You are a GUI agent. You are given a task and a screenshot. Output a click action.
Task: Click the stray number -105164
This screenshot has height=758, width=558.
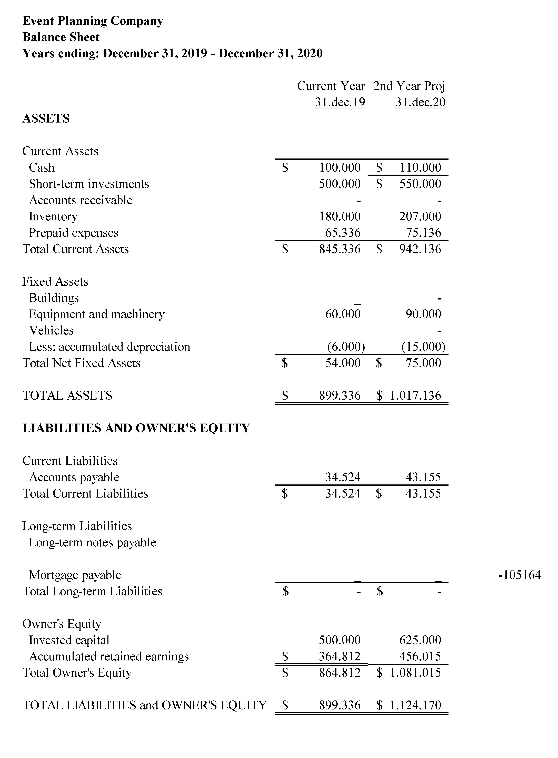click(520, 575)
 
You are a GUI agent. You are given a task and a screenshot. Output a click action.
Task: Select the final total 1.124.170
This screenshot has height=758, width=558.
click(415, 705)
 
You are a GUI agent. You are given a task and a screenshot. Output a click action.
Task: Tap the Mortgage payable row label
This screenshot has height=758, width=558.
click(75, 575)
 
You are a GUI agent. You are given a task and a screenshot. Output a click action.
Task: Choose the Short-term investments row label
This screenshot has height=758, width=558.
click(89, 184)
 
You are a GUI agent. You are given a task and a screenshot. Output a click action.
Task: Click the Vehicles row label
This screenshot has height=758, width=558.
click(51, 330)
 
